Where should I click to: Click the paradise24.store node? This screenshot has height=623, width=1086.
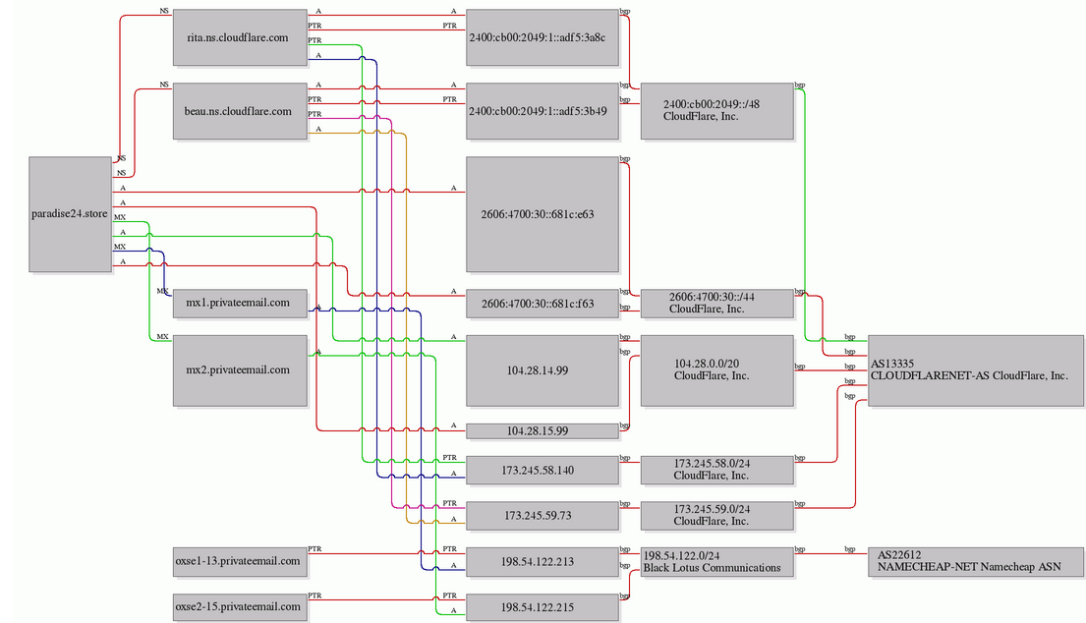coord(70,214)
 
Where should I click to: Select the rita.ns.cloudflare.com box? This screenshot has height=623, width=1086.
coord(240,37)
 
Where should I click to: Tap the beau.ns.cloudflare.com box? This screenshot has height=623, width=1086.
coord(240,111)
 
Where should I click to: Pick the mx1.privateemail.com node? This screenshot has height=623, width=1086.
coord(240,304)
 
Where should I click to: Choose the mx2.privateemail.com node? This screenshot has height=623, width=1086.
coord(240,370)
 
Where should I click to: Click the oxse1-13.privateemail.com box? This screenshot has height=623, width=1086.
coord(240,561)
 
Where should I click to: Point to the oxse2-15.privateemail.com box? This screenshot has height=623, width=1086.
coord(240,607)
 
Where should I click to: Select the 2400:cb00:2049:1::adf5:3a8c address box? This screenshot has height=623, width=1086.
coord(543,37)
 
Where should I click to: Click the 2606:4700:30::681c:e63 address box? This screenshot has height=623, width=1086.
coord(543,214)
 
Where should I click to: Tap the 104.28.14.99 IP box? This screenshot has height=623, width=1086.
coord(543,370)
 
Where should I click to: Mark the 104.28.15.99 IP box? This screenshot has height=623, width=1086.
coord(543,430)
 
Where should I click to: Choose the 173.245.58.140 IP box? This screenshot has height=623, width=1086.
coord(543,470)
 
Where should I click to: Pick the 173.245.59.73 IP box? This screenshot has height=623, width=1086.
coord(543,516)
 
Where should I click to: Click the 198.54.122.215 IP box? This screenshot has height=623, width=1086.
coord(543,607)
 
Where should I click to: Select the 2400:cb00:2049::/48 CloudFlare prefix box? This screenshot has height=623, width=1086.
coord(716,111)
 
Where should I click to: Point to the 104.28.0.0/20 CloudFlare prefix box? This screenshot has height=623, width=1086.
coord(716,370)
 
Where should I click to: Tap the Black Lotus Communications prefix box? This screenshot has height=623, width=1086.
coord(716,561)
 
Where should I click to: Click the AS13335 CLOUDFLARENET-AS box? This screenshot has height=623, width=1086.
coord(976,370)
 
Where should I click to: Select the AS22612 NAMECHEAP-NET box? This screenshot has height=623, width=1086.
coord(976,561)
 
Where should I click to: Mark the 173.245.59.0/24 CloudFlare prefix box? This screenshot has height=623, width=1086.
coord(716,516)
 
